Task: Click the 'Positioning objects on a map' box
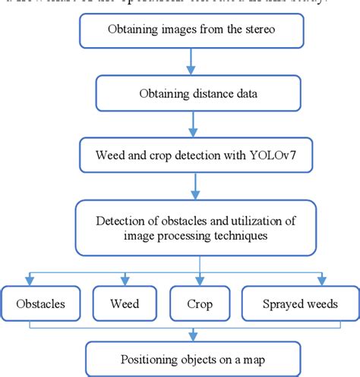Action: [x=198, y=359]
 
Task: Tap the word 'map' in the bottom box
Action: [x=256, y=360]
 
